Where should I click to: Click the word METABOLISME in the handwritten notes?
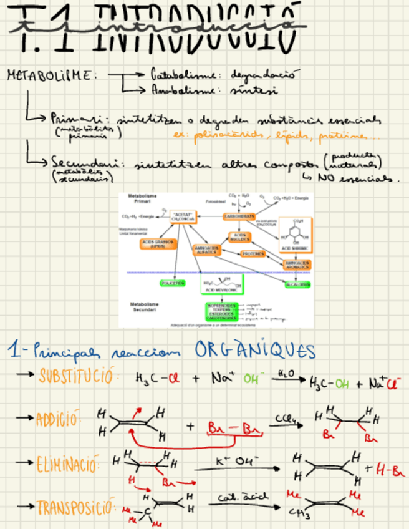(x=51, y=75)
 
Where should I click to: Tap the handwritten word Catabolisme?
(x=178, y=75)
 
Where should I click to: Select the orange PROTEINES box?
(x=253, y=254)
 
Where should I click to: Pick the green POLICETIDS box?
(x=173, y=283)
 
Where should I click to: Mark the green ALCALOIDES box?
(x=297, y=284)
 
